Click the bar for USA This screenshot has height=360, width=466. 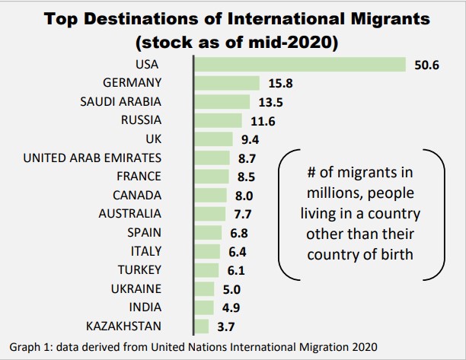click(x=300, y=65)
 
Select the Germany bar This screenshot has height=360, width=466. click(x=227, y=83)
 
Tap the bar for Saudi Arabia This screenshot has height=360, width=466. click(x=222, y=101)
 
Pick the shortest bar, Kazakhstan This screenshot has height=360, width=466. click(x=202, y=326)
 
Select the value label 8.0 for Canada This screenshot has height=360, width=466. click(x=244, y=195)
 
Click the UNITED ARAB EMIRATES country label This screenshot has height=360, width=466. click(x=92, y=158)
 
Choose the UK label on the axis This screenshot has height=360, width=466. click(x=152, y=139)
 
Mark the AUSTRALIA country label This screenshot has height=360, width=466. click(x=129, y=214)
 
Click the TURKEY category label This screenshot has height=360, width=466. click(x=139, y=269)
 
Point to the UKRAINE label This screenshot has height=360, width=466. click(x=136, y=288)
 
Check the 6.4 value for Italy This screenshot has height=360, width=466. click(x=237, y=251)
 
